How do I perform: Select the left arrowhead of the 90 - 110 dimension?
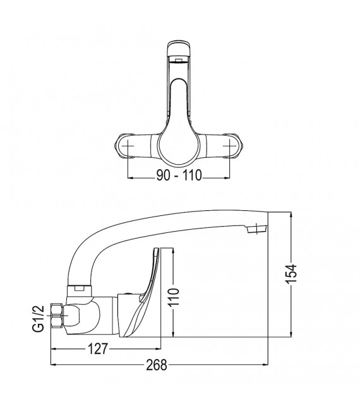pos(130,177)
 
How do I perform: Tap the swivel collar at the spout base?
pos(78,290)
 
